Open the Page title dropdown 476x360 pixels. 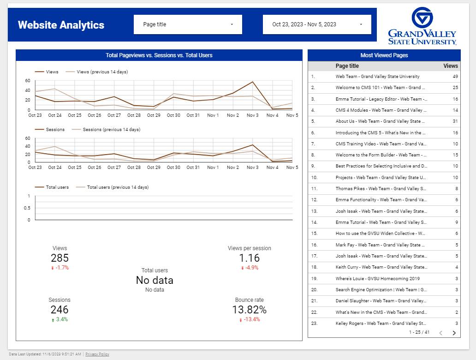pos(188,24)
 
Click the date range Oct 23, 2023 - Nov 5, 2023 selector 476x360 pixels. pos(317,24)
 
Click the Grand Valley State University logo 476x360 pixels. pos(422,26)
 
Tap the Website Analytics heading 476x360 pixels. pos(61,25)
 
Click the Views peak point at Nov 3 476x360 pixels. pos(252,82)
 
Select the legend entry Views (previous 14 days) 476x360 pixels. pos(102,72)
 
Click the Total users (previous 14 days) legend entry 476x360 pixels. pos(118,187)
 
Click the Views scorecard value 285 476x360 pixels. pos(59,258)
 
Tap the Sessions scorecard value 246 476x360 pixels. pos(59,310)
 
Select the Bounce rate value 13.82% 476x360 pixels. pos(249,310)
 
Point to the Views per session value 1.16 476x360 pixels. pos(249,258)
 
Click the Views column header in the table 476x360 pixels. pos(450,66)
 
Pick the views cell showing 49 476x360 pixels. pos(455,77)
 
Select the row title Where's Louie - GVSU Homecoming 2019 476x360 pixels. pos(377,279)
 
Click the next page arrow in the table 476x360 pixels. pos(454,333)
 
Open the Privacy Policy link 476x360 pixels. pos(97,354)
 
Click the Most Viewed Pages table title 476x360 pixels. pos(384,55)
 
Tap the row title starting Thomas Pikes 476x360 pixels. pos(381,189)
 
